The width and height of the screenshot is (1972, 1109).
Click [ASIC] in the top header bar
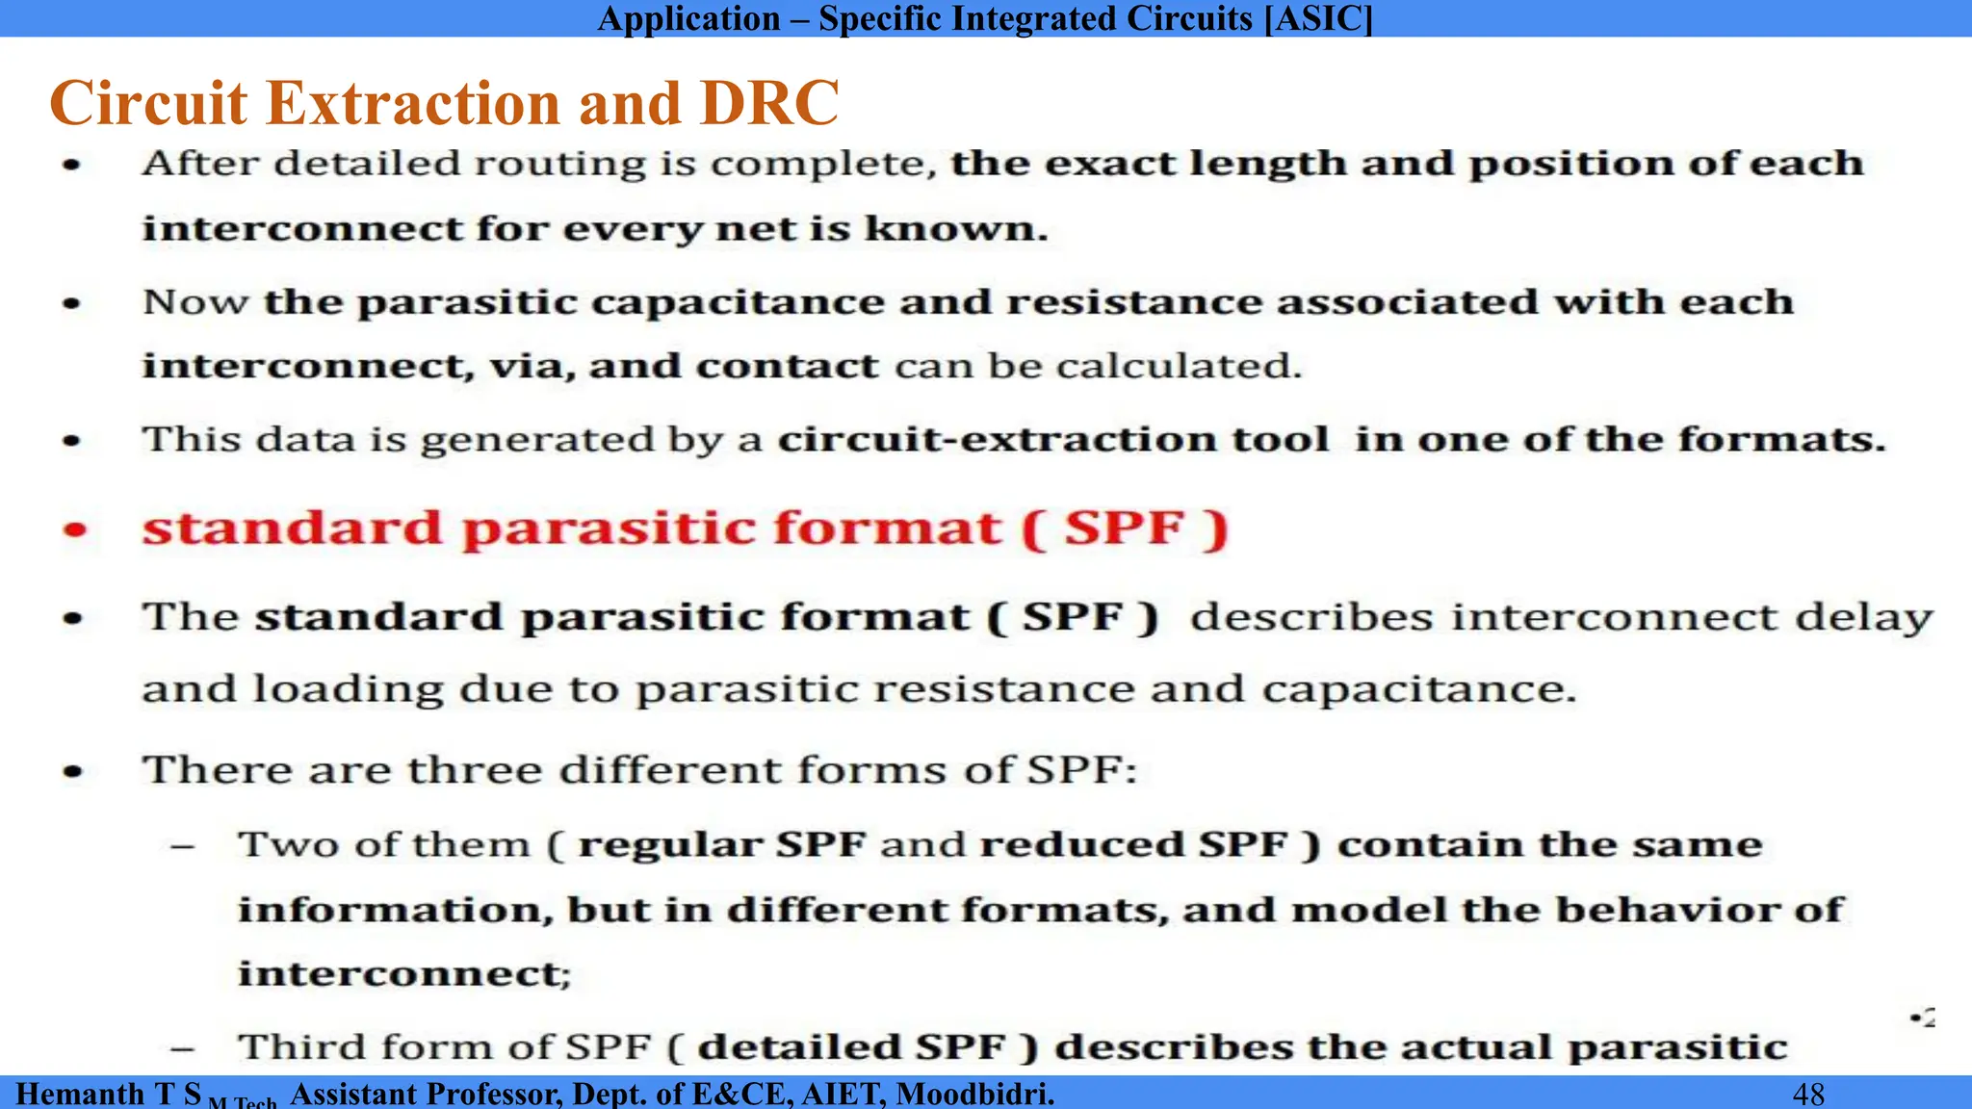(x=1318, y=18)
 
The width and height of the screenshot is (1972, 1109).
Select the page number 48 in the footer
(x=1808, y=1094)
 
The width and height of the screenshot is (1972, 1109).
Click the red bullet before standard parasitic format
(x=75, y=529)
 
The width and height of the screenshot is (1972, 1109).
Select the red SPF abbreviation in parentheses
(x=1124, y=528)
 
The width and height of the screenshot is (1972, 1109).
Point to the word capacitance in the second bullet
(x=737, y=302)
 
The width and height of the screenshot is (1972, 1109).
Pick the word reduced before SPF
(x=1082, y=844)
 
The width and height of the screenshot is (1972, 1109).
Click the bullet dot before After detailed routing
(x=72, y=165)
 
